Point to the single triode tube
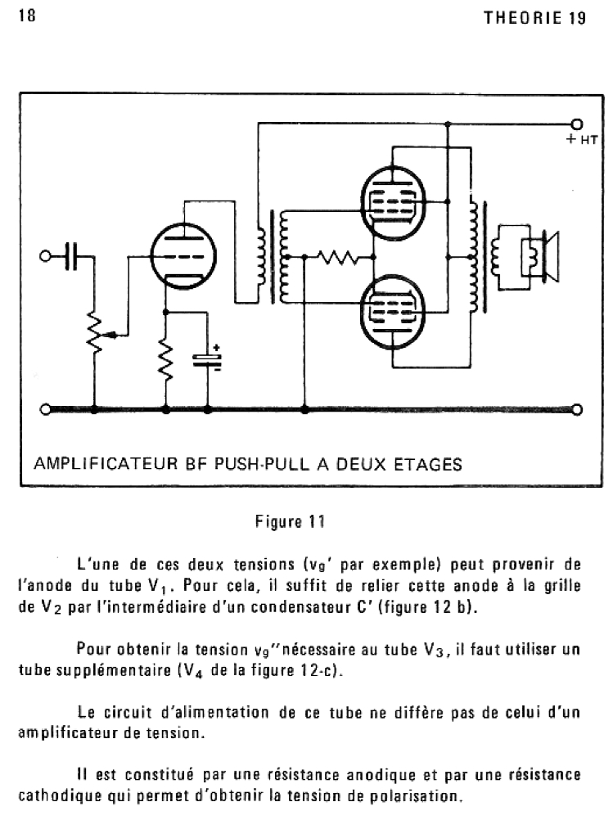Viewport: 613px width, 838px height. click(x=182, y=255)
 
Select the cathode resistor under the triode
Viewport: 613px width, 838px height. click(x=166, y=360)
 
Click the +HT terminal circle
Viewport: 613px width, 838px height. click(x=577, y=124)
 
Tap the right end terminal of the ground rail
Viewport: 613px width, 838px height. click(x=577, y=410)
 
